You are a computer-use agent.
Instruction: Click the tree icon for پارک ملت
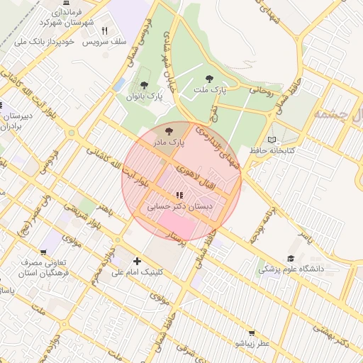209,79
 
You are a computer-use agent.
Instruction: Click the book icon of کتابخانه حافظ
274,140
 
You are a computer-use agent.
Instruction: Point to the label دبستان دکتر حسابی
180,207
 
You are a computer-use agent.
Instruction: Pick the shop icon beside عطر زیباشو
252,333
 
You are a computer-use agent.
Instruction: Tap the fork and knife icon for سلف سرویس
105,30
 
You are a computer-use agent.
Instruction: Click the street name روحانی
261,90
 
